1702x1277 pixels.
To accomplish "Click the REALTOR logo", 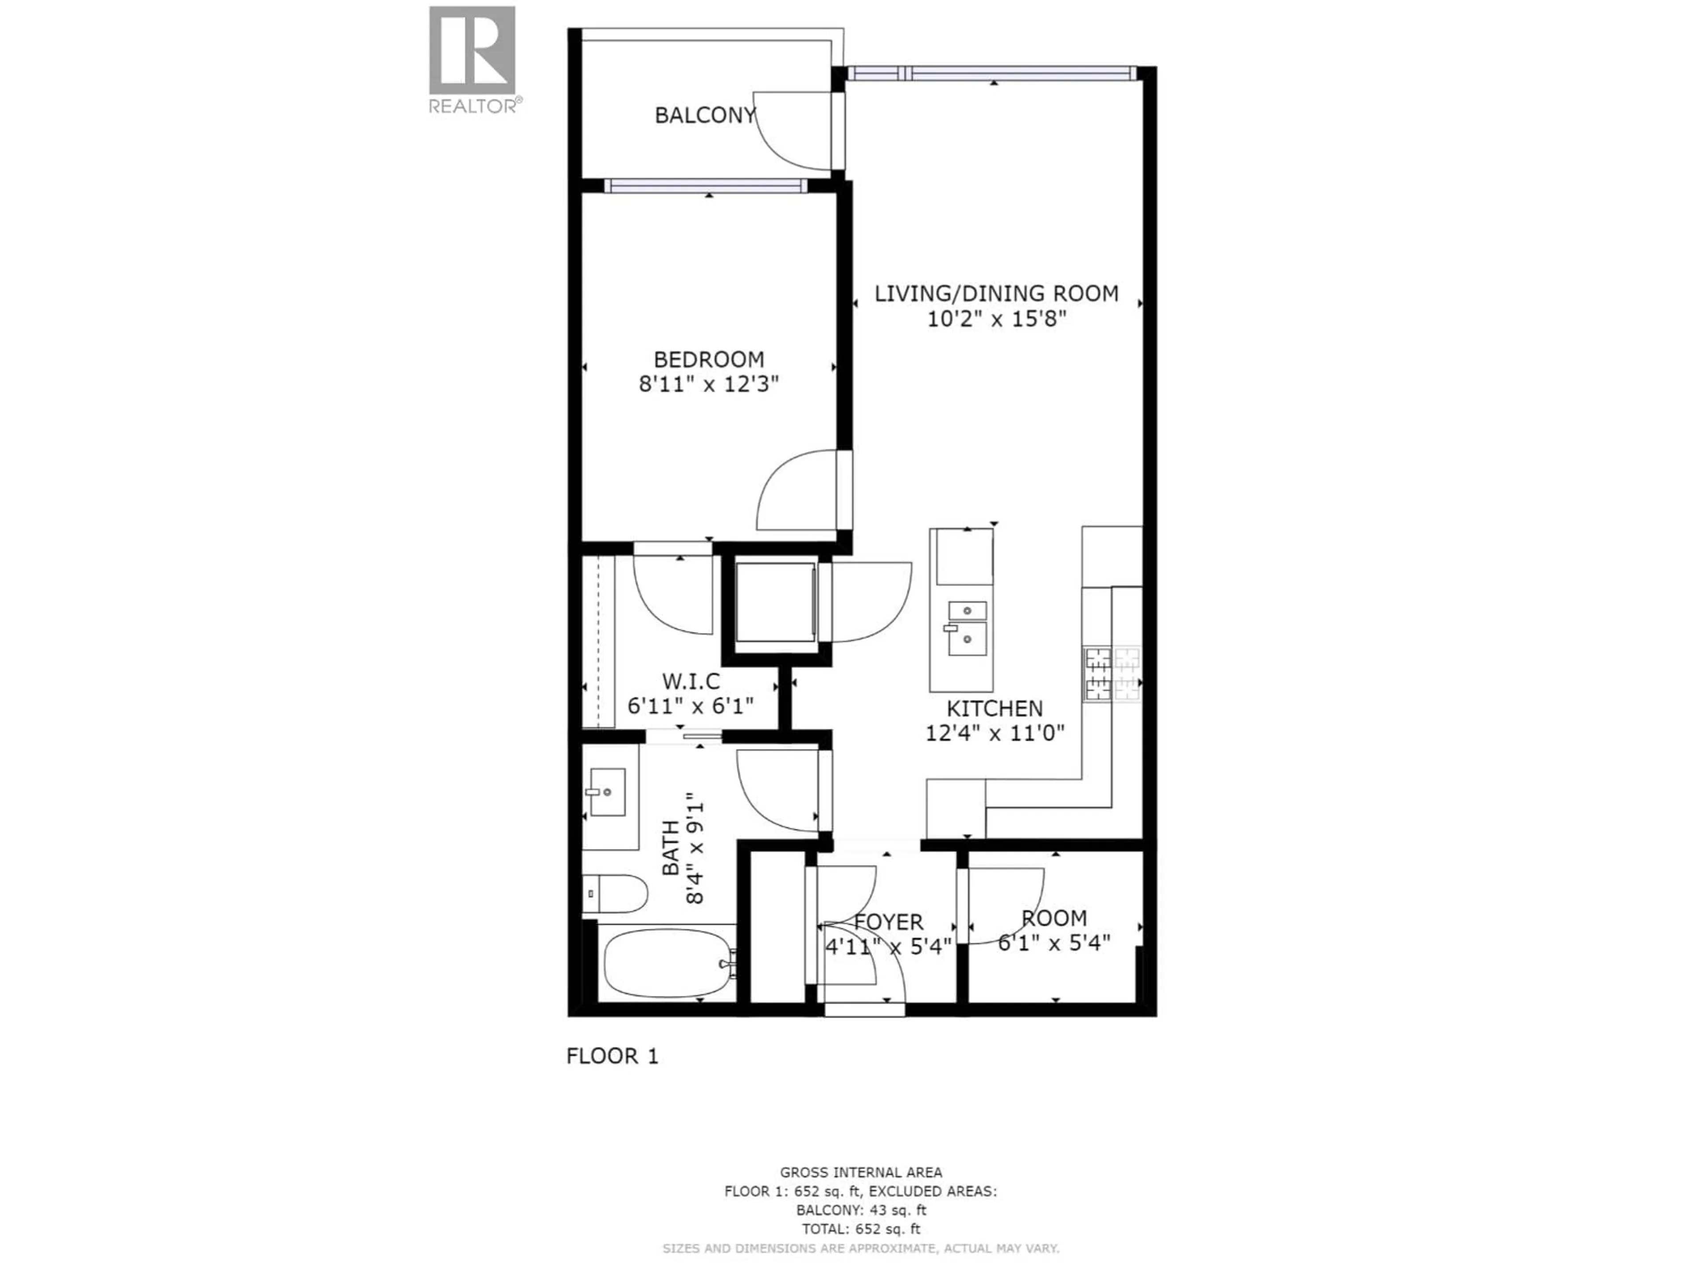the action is click(x=472, y=59).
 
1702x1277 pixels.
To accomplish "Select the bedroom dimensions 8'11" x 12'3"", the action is click(x=709, y=384).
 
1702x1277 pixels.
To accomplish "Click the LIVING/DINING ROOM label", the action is click(x=996, y=293).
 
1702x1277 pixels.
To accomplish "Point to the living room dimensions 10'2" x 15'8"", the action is click(x=996, y=319).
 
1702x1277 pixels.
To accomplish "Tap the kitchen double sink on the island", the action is click(x=967, y=629).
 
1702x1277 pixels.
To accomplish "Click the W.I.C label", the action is click(x=691, y=681).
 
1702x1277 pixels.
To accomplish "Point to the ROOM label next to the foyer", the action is click(x=1054, y=918).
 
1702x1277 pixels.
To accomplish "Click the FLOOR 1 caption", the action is click(x=613, y=1056).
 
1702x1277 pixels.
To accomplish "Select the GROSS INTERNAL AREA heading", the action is click(x=861, y=1172).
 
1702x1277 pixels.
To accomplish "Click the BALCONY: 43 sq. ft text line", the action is click(x=861, y=1210).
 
